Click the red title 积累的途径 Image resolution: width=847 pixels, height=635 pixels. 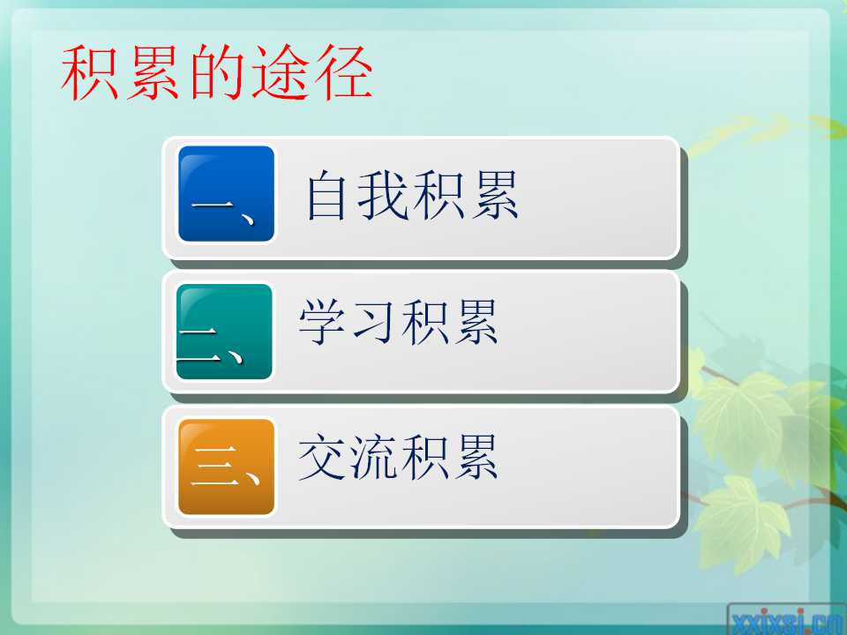217,73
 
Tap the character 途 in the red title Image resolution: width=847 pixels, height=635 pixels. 280,73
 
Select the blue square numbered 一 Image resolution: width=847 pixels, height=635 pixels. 227,193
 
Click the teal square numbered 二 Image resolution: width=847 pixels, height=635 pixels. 224,332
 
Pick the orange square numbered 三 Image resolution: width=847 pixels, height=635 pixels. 227,467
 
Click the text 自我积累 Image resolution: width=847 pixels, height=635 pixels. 412,196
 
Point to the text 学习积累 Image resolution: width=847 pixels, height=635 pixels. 398,322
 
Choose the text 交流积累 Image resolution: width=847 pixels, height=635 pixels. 398,457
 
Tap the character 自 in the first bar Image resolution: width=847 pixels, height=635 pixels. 326,196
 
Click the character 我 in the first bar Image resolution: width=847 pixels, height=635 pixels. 383,196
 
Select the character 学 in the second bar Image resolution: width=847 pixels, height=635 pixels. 322,322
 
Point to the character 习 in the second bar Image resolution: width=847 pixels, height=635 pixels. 372,323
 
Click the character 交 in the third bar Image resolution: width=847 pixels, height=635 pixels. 323,457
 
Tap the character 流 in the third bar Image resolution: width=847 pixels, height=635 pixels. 373,457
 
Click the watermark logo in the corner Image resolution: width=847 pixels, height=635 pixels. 787,621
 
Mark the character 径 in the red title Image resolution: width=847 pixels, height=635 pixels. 343,73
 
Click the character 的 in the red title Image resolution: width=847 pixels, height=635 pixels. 219,73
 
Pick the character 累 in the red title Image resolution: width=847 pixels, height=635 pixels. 153,73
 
